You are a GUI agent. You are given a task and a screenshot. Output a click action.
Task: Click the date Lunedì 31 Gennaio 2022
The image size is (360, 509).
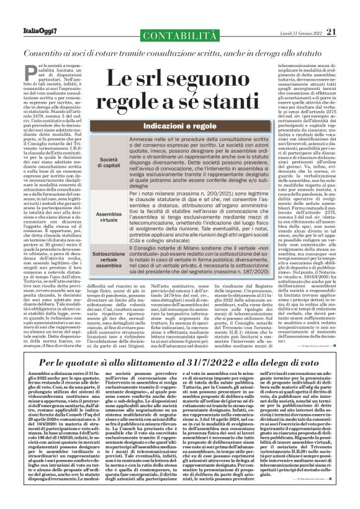pos(294,14)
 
